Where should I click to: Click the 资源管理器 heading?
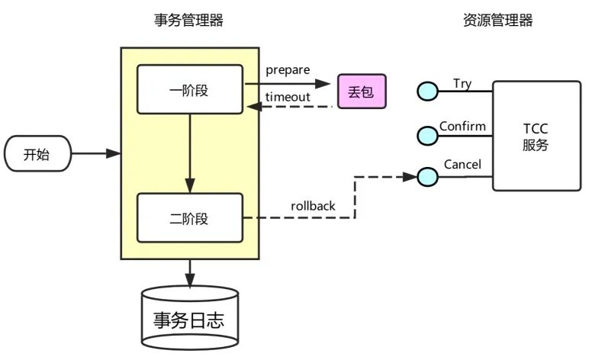pyautogui.click(x=497, y=21)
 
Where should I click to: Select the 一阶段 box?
pyautogui.click(x=188, y=90)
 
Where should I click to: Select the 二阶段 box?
pyautogui.click(x=188, y=218)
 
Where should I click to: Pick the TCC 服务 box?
pyautogui.click(x=535, y=135)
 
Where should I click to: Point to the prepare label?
pyautogui.click(x=288, y=70)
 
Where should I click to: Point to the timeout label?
pyautogui.click(x=288, y=97)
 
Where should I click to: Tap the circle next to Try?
pyautogui.click(x=427, y=92)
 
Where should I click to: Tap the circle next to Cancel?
pyautogui.click(x=427, y=177)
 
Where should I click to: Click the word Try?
pyautogui.click(x=462, y=83)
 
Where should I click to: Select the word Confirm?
pyautogui.click(x=462, y=126)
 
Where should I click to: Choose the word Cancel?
pyautogui.click(x=462, y=166)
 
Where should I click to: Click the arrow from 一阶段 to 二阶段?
pyautogui.click(x=189, y=153)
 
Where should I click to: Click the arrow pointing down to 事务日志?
pyautogui.click(x=189, y=272)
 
